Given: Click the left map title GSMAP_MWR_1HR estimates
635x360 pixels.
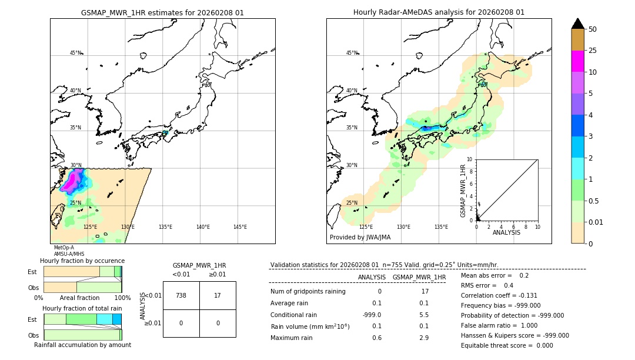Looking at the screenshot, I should (162, 12).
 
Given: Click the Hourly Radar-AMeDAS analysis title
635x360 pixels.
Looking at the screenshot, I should (439, 12).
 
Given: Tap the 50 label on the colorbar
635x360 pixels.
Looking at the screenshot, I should (593, 29).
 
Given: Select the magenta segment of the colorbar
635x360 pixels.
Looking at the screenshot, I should (577, 61).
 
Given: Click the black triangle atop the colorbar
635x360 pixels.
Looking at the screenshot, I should (577, 24).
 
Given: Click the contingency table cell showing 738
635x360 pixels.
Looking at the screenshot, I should (181, 295).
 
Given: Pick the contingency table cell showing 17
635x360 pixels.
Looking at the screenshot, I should (218, 295).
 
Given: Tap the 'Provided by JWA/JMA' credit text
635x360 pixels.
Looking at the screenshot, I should (360, 238).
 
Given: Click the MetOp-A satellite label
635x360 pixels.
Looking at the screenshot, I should (63, 248).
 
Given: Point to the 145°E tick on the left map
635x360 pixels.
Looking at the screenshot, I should (240, 227).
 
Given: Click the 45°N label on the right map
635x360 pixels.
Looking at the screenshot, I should (352, 53).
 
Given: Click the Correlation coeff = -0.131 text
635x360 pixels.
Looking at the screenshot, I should (499, 295).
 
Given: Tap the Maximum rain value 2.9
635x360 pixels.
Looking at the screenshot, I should (424, 338).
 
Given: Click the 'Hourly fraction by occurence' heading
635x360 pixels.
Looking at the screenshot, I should (82, 261).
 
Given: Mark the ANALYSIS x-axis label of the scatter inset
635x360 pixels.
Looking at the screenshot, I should (506, 232).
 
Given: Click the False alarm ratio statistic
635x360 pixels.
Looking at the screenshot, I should (499, 325).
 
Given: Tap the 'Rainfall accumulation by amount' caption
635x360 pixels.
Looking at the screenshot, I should (82, 345).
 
